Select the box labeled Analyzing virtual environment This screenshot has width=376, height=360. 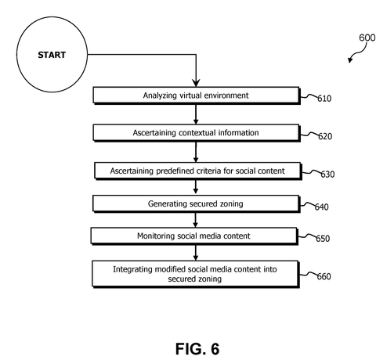coord(197,95)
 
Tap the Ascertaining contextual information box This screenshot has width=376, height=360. coord(197,133)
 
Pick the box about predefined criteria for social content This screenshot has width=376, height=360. coord(197,171)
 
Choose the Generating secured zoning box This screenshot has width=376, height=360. coord(196,203)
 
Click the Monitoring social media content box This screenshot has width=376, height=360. coord(194,236)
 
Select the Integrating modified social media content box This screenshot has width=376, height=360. coord(196,274)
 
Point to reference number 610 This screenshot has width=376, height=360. coord(324,99)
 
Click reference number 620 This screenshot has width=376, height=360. coord(325,136)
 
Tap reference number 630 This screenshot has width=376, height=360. coord(327,175)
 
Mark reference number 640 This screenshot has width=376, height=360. coord(321,207)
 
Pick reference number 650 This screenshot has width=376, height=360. coord(323,239)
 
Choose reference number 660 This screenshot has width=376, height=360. coord(324,276)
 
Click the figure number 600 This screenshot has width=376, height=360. coord(367,38)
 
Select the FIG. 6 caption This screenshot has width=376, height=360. coord(197,349)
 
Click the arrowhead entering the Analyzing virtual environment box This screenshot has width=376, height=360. coord(196,83)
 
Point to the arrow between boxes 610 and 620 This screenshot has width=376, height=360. coord(196,114)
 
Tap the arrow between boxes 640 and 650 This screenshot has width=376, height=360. coord(195,220)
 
